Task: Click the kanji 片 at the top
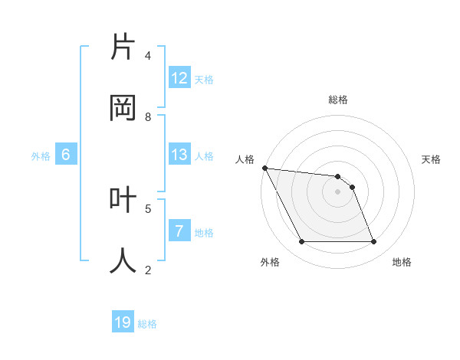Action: pyautogui.click(x=123, y=47)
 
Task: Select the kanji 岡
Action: pyautogui.click(x=123, y=107)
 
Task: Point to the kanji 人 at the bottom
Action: pyautogui.click(x=123, y=260)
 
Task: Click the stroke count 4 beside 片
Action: pyautogui.click(x=148, y=55)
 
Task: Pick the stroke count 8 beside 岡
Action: pyautogui.click(x=148, y=116)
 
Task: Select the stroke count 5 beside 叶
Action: pyautogui.click(x=148, y=208)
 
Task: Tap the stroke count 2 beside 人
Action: pyautogui.click(x=148, y=270)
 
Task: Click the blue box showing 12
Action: pyautogui.click(x=179, y=78)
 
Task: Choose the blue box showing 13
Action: pyautogui.click(x=179, y=155)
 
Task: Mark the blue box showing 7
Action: pyautogui.click(x=179, y=231)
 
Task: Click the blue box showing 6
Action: pyautogui.click(x=66, y=155)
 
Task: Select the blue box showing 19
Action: pyautogui.click(x=123, y=322)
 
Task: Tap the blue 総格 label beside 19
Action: pyautogui.click(x=147, y=324)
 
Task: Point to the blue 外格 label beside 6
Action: pyautogui.click(x=41, y=155)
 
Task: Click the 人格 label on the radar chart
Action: pyautogui.click(x=245, y=159)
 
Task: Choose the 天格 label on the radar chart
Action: pyautogui.click(x=431, y=159)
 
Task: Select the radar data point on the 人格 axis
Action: pyautogui.click(x=264, y=168)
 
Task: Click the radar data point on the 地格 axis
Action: pyautogui.click(x=373, y=242)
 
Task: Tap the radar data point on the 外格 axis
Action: pyautogui.click(x=301, y=242)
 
